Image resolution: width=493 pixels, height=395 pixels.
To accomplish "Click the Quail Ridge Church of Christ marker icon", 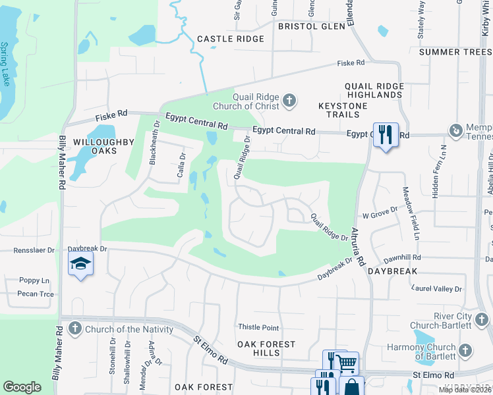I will pos(289,101).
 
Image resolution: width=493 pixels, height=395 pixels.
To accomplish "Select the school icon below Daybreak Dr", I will pos(80,265).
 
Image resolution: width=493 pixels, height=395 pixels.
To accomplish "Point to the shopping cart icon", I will pos(347,362).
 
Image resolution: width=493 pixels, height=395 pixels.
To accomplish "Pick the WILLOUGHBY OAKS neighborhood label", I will pos(95,146).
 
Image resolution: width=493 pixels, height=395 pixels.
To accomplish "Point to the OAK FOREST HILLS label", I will pos(267,348).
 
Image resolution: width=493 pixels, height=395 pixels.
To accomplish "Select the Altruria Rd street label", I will pos(359,250).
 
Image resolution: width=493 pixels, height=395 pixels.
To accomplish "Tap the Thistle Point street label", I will pos(258,328).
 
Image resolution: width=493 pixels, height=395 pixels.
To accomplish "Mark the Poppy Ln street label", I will pos(34,280).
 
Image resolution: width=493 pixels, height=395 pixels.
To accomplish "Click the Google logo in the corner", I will pos(22,386).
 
